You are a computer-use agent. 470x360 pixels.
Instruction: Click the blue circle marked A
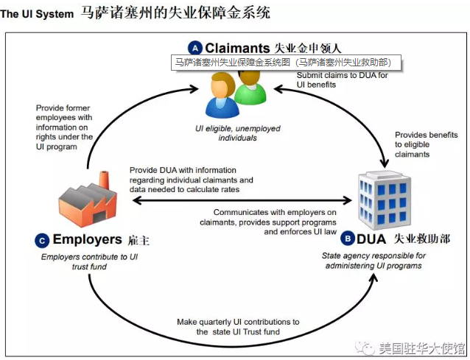click(x=194, y=49)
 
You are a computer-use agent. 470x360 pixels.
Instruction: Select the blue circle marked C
click(x=41, y=239)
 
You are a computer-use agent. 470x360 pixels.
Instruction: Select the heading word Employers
click(x=87, y=239)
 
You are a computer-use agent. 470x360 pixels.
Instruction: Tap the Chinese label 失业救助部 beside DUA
click(x=421, y=239)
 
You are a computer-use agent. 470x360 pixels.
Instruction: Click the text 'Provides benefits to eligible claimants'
click(x=423, y=144)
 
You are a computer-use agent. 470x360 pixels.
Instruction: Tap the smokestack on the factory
click(x=102, y=179)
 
